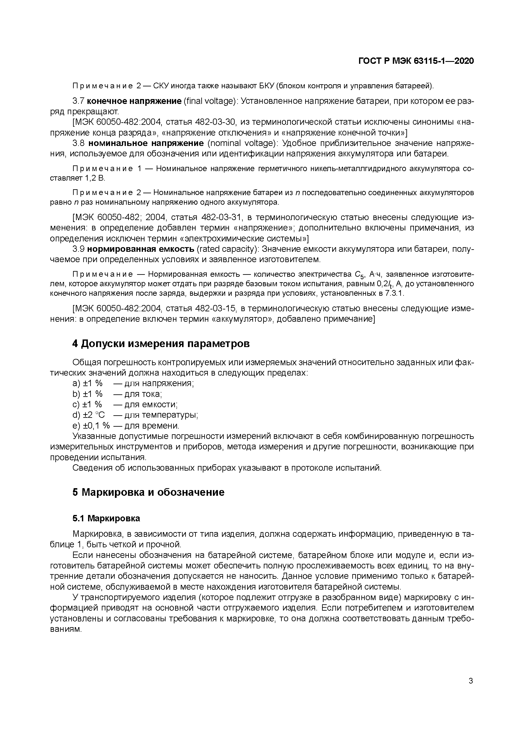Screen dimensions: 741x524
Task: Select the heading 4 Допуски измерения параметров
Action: [x=161, y=344]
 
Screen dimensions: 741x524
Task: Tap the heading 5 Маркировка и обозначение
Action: [x=148, y=492]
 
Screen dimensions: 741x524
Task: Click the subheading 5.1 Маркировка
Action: [x=106, y=519]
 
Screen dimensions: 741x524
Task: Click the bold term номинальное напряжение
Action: [x=146, y=143]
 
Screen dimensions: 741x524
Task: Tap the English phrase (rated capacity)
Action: [x=227, y=249]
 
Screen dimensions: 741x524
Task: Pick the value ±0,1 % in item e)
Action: [x=96, y=426]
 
